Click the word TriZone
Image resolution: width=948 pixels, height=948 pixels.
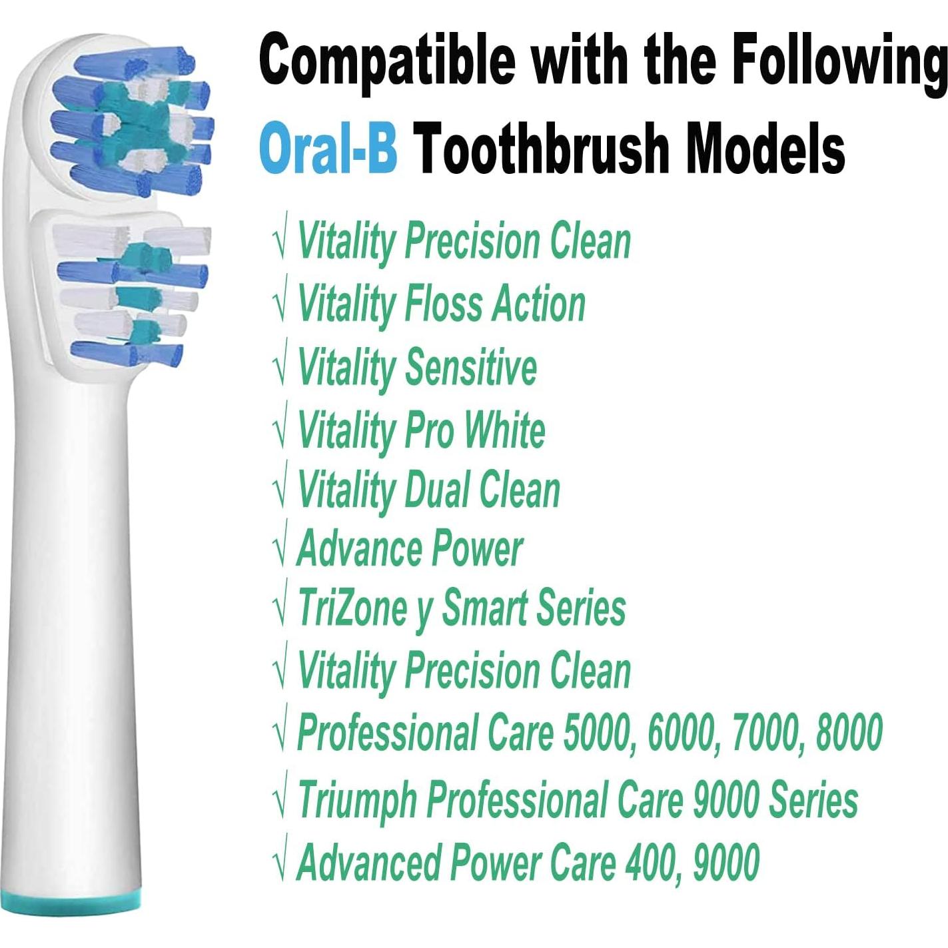pyautogui.click(x=352, y=608)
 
